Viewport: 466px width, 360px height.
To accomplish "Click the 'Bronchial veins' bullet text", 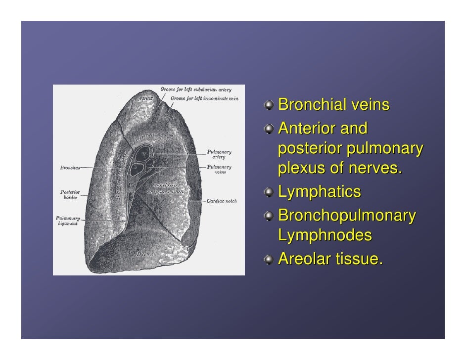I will click(334, 105).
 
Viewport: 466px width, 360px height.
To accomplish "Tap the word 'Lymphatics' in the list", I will click(320, 192).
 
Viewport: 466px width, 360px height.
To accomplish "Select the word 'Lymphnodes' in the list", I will click(325, 236).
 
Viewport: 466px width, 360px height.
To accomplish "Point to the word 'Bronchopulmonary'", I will click(347, 216).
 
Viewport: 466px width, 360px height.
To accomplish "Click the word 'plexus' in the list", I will click(300, 168).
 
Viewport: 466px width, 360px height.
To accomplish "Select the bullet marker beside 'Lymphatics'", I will click(268, 192).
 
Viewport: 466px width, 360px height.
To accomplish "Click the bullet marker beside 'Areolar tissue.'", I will click(268, 258).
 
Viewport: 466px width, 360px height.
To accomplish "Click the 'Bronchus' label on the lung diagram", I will click(70, 168).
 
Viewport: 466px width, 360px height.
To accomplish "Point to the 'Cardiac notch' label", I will click(221, 201).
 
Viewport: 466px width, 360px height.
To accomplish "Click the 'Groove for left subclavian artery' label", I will click(195, 90).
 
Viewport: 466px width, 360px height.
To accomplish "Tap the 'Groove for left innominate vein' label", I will click(204, 98).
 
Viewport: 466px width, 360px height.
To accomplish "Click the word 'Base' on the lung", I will click(145, 254).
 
